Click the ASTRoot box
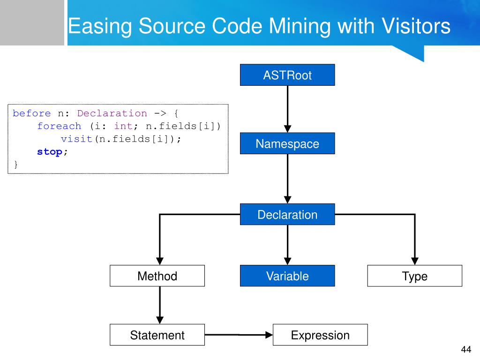click(287, 75)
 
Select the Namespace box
click(287, 143)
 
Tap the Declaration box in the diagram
click(287, 214)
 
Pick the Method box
click(157, 276)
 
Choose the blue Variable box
click(287, 276)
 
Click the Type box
click(414, 276)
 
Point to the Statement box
click(157, 335)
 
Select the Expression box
click(320, 335)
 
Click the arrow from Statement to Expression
click(239, 335)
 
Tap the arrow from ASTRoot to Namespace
click(287, 109)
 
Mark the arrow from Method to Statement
click(160, 305)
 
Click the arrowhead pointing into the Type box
click(415, 261)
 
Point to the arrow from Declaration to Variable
click(287, 245)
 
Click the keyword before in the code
click(31, 113)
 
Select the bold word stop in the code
click(50, 152)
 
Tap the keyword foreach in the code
click(59, 126)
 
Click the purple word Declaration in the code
click(112, 113)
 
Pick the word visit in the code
click(76, 139)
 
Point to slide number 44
click(466, 349)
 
